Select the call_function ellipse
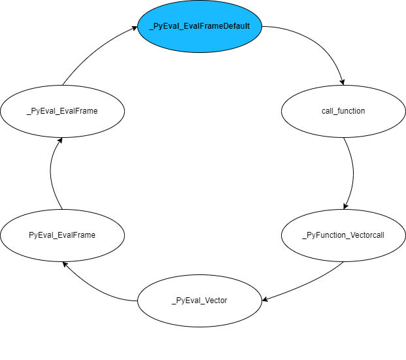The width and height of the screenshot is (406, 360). coord(343,111)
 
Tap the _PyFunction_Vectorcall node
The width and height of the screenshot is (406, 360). coord(343,235)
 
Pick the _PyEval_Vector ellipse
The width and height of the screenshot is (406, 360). coord(199,301)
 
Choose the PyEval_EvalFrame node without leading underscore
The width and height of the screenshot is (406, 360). coord(62,235)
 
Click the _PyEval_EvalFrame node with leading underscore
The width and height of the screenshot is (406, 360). coord(62,111)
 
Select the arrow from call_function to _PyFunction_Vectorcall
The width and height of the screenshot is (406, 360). coord(353,173)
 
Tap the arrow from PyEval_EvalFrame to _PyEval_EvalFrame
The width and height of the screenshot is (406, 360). coord(50,173)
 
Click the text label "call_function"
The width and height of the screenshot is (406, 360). coord(343,111)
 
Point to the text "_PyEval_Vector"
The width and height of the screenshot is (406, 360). coord(199,301)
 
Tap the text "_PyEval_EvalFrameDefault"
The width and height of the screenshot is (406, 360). coord(199,25)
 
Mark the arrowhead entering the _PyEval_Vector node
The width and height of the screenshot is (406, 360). coord(265,300)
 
